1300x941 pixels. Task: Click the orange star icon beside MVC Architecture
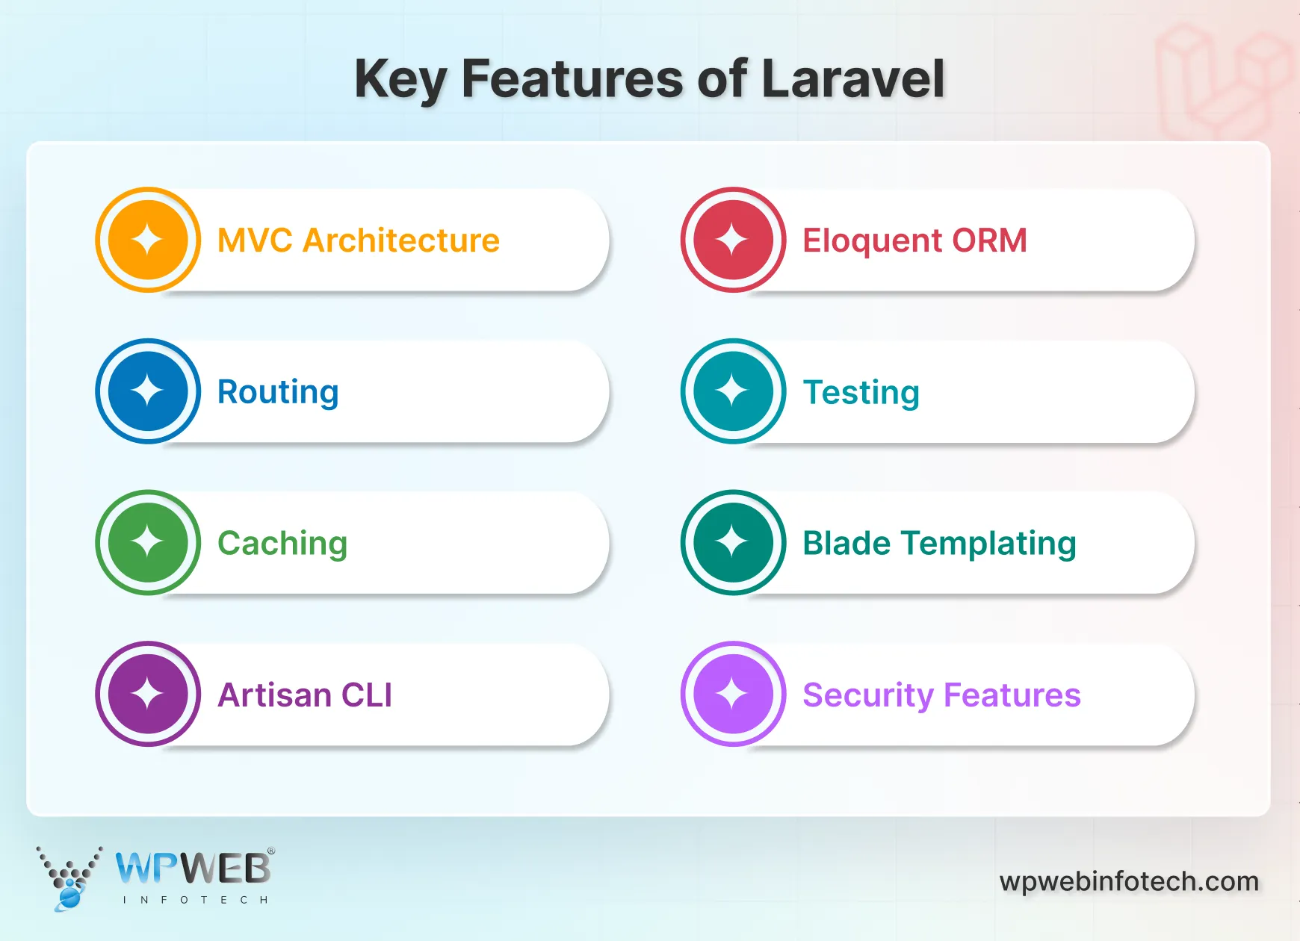pos(148,240)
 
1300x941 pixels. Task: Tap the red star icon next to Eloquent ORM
pos(733,240)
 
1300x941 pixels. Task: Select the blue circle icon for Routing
pos(148,391)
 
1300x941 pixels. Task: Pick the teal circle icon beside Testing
pos(733,391)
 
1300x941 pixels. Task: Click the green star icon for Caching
pos(148,542)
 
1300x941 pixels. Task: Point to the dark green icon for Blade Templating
pos(733,542)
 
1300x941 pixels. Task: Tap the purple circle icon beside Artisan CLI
pos(148,694)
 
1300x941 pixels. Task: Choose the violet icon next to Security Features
pos(733,694)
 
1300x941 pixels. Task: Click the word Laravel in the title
pos(852,79)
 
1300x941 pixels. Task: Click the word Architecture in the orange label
pos(401,240)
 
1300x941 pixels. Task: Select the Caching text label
pos(282,544)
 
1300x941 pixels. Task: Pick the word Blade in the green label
pos(846,543)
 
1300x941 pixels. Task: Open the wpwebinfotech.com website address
pos(1129,881)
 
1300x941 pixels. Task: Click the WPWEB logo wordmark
pos(194,869)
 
